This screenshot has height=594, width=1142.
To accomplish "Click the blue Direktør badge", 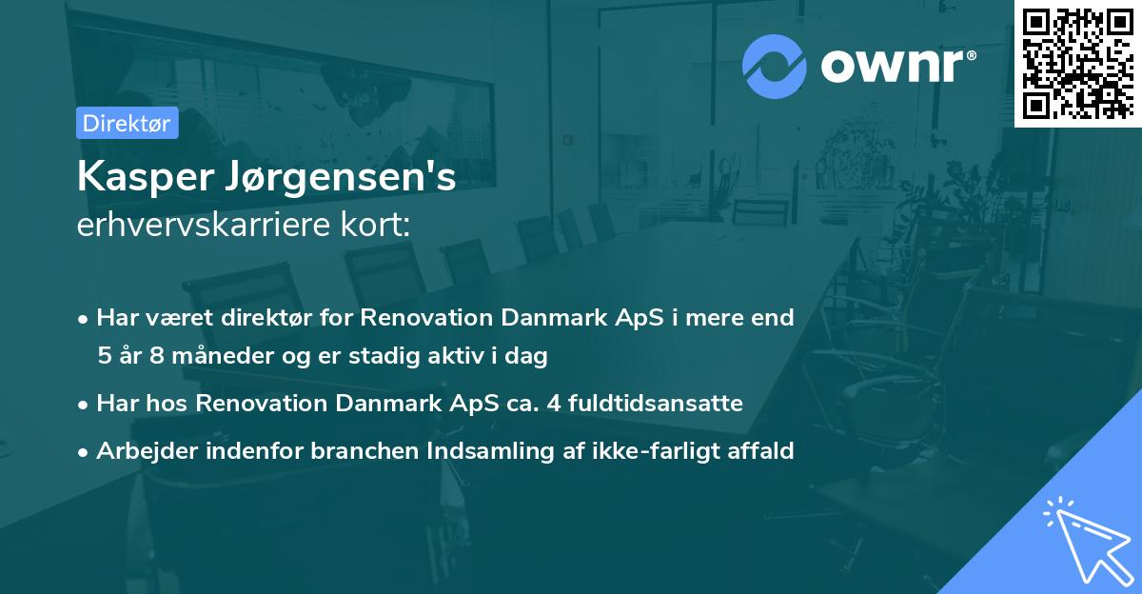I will [127, 124].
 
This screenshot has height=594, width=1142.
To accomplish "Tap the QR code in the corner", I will [1077, 64].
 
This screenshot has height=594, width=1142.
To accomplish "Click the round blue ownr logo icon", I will [775, 67].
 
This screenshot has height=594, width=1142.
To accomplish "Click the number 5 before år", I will [104, 355].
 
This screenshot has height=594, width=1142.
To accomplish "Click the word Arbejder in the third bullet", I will [140, 450].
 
